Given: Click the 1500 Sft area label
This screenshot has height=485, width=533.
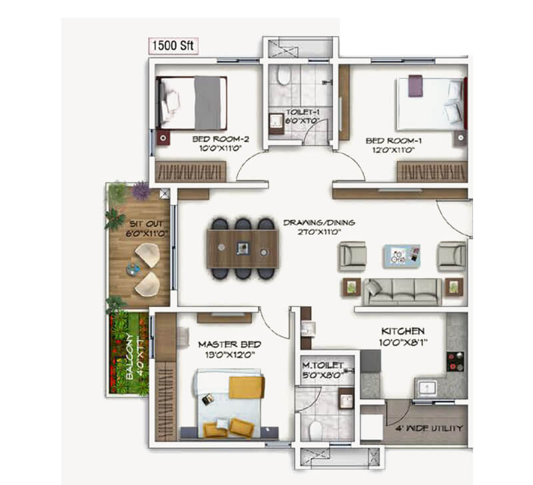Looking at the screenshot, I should tap(173, 47).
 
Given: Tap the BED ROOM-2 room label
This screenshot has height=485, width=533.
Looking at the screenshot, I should tap(221, 144).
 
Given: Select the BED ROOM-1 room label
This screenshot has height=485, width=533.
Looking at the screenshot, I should tap(393, 145).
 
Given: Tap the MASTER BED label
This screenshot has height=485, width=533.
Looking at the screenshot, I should tap(229, 349).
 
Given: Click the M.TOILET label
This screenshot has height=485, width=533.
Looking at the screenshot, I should tap(322, 370).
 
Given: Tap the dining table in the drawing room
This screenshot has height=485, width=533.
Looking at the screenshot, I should tap(241, 249).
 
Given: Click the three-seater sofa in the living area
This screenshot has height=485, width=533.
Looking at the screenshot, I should tap(401, 290).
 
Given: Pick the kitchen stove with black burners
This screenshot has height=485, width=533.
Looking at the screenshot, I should tap(455, 361).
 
